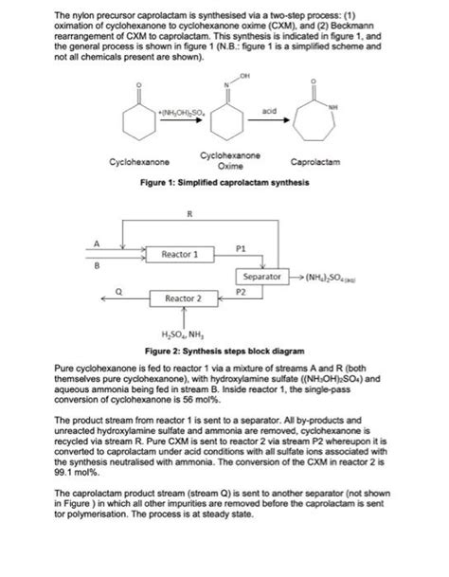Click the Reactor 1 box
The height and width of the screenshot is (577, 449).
[180, 255]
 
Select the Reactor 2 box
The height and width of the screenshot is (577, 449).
[184, 298]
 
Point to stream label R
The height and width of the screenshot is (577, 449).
[191, 214]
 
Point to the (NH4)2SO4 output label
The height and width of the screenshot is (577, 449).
[327, 277]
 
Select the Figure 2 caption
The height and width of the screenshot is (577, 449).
[224, 348]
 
